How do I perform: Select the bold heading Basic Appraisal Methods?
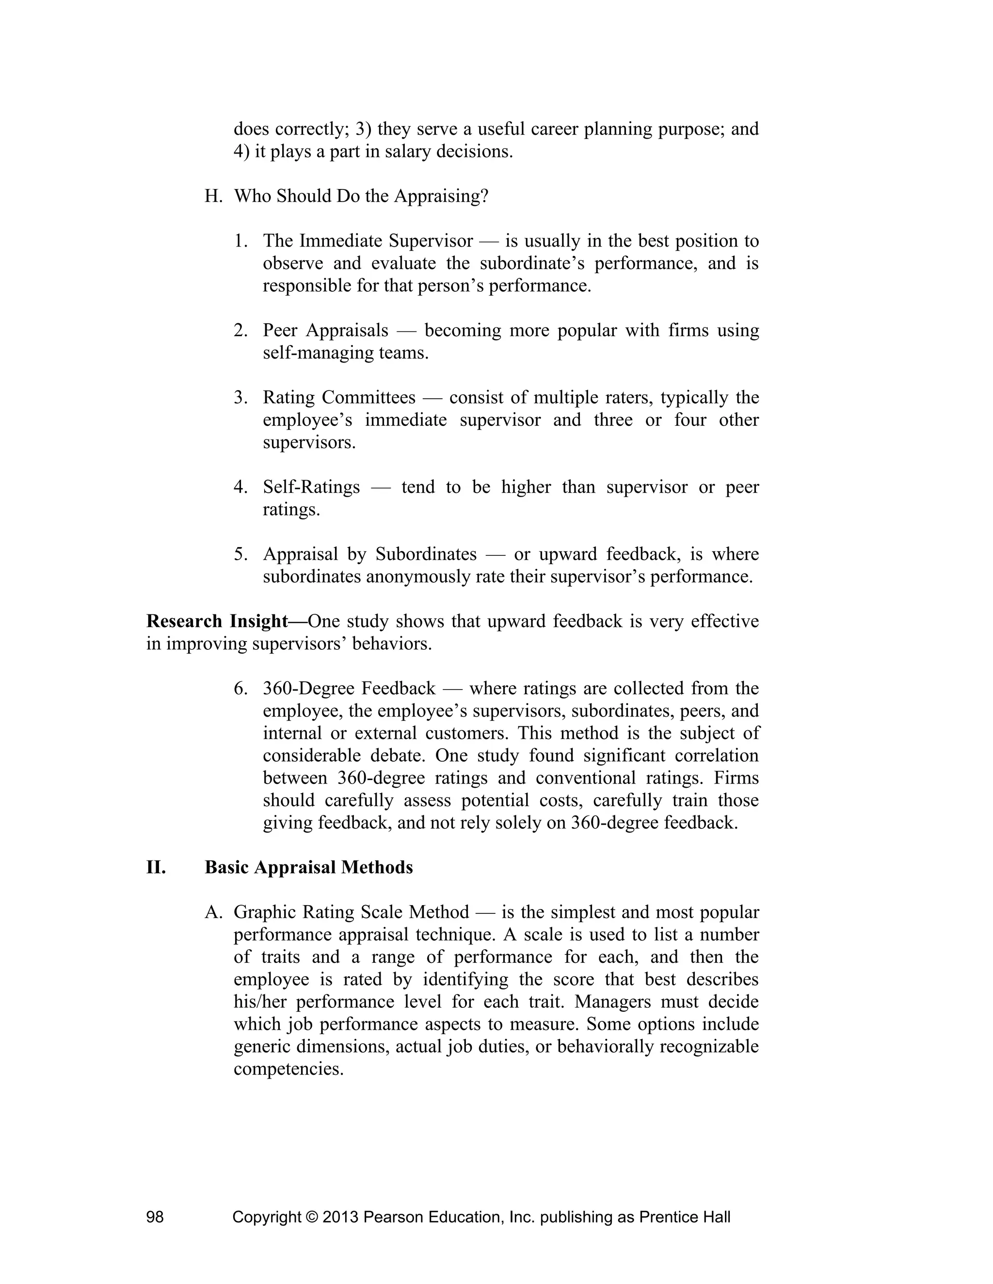click(x=308, y=868)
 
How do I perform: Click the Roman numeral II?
click(x=156, y=868)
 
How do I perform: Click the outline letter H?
click(x=212, y=196)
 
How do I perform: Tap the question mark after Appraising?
click(x=484, y=196)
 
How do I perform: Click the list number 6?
click(x=240, y=689)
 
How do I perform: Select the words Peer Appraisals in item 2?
click(x=325, y=330)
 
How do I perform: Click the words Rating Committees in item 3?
click(x=339, y=398)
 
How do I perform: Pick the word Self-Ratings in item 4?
click(x=311, y=487)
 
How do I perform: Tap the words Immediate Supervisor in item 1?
click(x=385, y=241)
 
